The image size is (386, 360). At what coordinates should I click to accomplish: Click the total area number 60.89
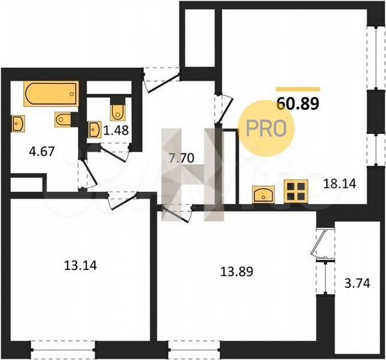pos(297,103)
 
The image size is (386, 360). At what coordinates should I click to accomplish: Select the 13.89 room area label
pos(237,271)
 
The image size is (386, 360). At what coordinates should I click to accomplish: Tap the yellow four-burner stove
pos(294,192)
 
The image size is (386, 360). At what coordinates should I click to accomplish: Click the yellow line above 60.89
pos(298,89)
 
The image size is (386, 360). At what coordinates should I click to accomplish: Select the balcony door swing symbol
pos(321,243)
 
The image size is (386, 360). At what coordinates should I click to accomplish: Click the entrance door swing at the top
pos(160,78)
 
